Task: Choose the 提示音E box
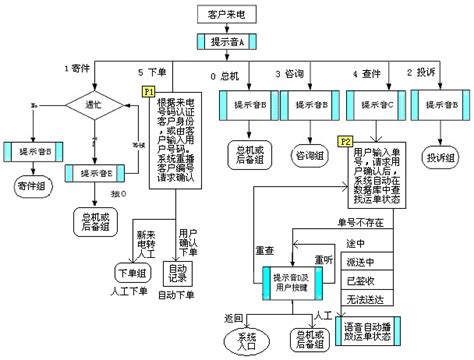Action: click(94, 174)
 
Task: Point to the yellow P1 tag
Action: click(148, 91)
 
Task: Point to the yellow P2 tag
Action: click(345, 141)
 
